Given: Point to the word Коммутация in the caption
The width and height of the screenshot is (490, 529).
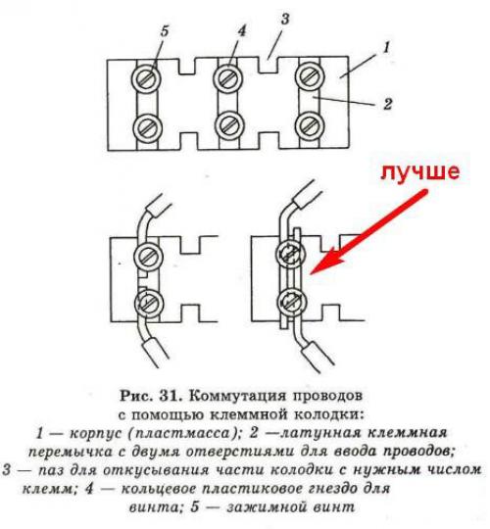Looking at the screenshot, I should pyautogui.click(x=231, y=396).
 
